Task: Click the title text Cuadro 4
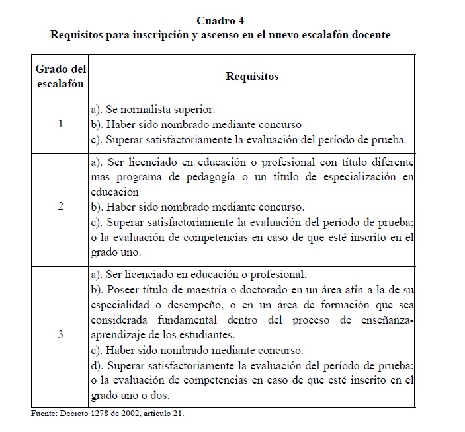(220, 21)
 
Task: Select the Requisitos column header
(252, 76)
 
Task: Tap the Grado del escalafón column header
(61, 76)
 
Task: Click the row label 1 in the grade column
(61, 124)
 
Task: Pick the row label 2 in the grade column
(61, 207)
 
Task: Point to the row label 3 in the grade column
(61, 334)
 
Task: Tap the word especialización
(364, 177)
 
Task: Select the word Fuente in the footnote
(43, 414)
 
